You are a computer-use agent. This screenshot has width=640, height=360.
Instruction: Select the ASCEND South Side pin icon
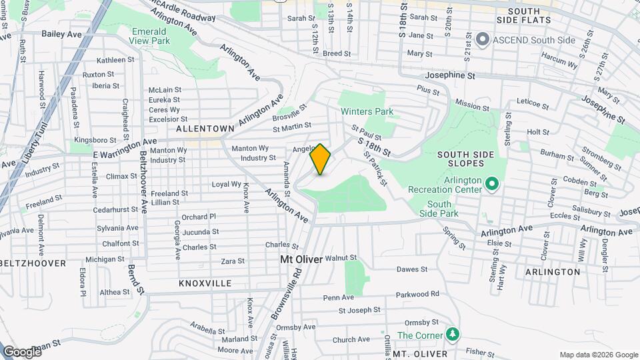(483, 40)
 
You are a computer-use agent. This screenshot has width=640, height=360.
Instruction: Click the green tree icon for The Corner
(453, 334)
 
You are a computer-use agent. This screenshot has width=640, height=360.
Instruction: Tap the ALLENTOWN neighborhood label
(205, 128)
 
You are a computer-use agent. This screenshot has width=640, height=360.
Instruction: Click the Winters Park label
(367, 111)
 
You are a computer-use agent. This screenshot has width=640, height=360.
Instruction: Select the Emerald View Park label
(149, 35)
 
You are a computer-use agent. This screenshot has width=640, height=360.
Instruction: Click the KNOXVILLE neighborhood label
(205, 283)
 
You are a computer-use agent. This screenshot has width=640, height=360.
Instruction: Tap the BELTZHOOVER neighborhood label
(33, 263)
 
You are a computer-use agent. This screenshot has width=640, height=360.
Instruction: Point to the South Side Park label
(439, 209)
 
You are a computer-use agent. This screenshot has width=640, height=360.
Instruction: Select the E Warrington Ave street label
(125, 149)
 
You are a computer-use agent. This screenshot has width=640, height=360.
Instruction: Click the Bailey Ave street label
(61, 33)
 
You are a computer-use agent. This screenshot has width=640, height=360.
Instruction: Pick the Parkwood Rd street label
(417, 293)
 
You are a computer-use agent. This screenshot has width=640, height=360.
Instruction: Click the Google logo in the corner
(22, 351)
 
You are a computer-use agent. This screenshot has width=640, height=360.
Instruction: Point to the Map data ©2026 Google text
(598, 355)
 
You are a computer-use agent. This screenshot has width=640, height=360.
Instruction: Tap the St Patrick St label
(375, 167)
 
